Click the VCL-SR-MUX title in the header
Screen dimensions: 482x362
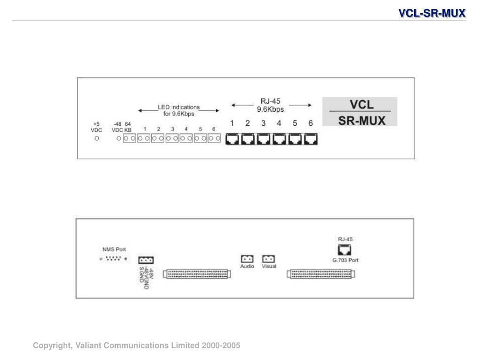pos(432,13)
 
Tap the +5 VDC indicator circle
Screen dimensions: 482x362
pos(96,139)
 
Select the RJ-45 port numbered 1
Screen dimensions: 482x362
pos(233,139)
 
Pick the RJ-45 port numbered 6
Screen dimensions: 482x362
pos(311,139)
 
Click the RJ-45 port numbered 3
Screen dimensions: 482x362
pos(264,139)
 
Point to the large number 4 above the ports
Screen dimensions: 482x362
pos(279,123)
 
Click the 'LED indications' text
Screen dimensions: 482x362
pos(178,107)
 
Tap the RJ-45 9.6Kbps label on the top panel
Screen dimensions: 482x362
pos(271,105)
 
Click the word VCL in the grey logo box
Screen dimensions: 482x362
pos(361,104)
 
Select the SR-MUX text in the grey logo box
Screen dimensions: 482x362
pos(361,120)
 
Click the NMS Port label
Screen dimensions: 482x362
pos(114,249)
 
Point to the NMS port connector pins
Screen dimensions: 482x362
pos(113,258)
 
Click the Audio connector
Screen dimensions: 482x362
pos(247,259)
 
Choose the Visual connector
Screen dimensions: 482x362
pos(269,259)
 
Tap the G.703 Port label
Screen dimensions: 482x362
pos(345,260)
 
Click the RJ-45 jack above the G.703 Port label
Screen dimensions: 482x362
pos(345,250)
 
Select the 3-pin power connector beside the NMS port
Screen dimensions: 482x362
pos(146,260)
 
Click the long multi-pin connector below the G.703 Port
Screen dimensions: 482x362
pos(321,274)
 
